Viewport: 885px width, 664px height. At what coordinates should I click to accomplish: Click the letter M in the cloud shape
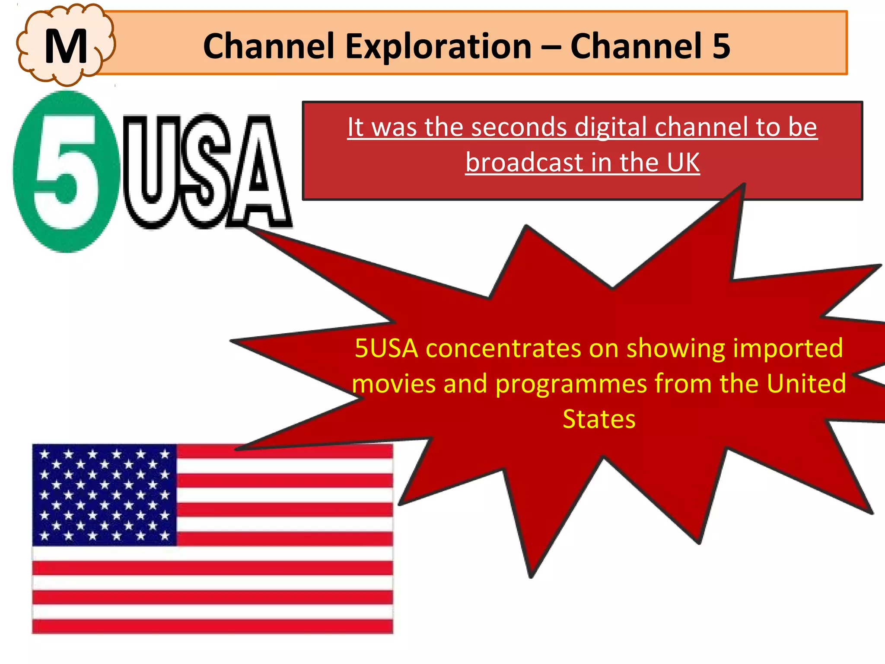[x=66, y=46]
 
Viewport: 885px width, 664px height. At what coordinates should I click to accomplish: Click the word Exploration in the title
[x=438, y=46]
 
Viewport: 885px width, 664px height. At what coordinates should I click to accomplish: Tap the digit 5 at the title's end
[x=721, y=46]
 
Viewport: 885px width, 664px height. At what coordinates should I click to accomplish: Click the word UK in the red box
[x=683, y=163]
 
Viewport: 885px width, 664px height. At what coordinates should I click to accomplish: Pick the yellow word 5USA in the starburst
[x=386, y=348]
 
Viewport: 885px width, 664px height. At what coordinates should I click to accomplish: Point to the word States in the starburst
[x=599, y=419]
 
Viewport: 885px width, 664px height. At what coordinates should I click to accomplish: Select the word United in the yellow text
[x=806, y=383]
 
